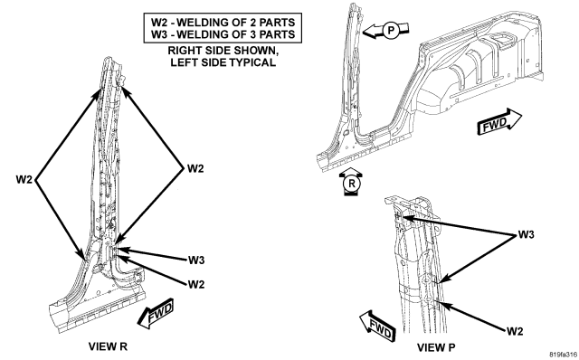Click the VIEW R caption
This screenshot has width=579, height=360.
(108, 346)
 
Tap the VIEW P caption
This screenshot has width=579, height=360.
(436, 347)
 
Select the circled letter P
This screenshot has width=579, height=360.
(391, 30)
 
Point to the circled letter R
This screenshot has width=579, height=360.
(351, 184)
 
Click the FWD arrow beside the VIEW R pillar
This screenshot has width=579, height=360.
(156, 314)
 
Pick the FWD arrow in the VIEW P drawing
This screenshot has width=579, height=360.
(377, 326)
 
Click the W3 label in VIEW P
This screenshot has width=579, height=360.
(526, 234)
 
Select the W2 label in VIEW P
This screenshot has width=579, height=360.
(515, 331)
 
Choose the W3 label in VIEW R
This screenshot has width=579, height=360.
(196, 261)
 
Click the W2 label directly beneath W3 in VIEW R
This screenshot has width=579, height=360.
(196, 284)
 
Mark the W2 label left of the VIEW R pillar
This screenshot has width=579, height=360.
(24, 180)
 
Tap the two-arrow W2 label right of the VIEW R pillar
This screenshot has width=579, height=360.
(195, 168)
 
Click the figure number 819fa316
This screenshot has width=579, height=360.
(564, 355)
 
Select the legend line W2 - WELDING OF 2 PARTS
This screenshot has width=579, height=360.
(223, 22)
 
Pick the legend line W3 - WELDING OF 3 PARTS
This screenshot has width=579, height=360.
(223, 34)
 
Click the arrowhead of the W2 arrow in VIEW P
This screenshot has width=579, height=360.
(441, 304)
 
